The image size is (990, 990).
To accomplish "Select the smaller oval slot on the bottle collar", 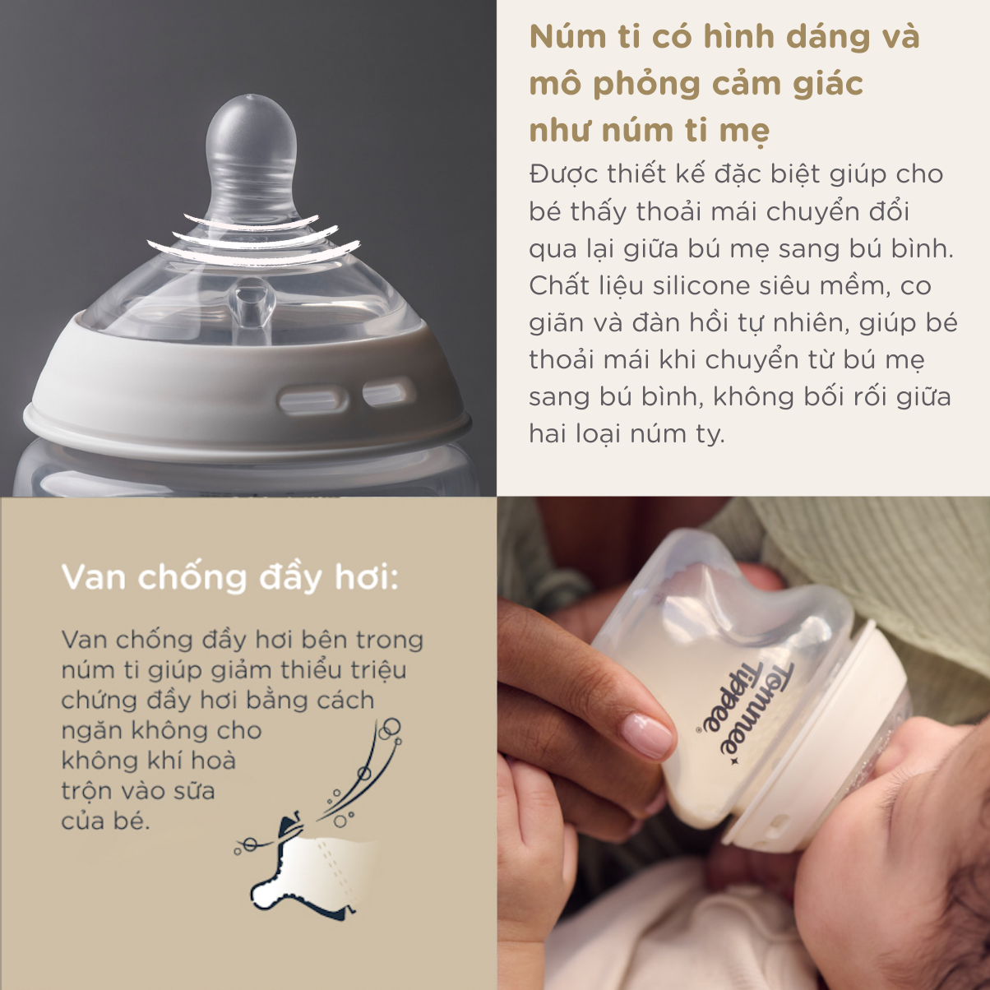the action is click(x=388, y=393).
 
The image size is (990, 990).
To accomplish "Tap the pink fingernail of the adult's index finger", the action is click(x=647, y=735).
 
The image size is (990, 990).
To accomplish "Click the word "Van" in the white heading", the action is click(x=94, y=577).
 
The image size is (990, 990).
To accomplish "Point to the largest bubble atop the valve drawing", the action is click(x=391, y=726).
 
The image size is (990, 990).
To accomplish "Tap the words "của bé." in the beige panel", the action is click(x=106, y=821).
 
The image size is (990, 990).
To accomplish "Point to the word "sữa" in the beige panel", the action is click(x=194, y=790).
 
